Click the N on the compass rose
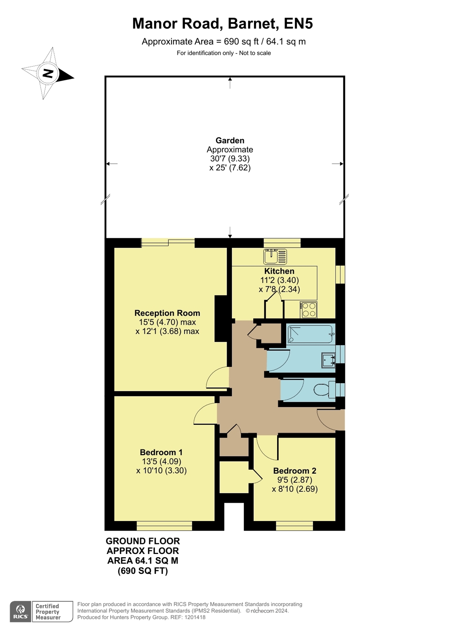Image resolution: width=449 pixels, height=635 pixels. point(48,73)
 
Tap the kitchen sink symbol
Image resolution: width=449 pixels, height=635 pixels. point(275,257)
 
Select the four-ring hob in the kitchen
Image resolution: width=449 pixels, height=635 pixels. point(308,310)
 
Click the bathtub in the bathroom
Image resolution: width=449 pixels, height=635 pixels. point(310,334)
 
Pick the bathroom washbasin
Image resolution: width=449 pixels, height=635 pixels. point(329,360)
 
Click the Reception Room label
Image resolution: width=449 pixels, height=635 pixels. point(167,313)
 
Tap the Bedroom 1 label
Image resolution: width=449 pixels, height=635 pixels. point(161,452)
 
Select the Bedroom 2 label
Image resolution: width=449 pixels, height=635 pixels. point(295,471)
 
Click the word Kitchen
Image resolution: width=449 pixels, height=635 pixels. point(279,271)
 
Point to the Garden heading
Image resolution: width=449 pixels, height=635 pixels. point(230,140)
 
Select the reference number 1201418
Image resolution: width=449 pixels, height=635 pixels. point(195,617)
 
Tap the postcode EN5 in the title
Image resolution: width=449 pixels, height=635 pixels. point(298,23)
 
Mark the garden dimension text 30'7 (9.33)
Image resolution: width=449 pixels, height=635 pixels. point(230,158)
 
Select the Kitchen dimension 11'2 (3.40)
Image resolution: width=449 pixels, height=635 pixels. point(279,280)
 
